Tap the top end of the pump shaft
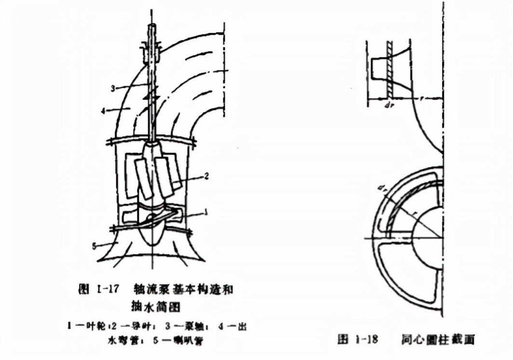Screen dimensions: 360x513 click(x=152, y=27)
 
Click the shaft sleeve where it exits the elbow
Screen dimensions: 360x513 click(x=152, y=53)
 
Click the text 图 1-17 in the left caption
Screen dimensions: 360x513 click(x=97, y=290)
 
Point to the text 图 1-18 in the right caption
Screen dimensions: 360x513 click(x=357, y=340)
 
